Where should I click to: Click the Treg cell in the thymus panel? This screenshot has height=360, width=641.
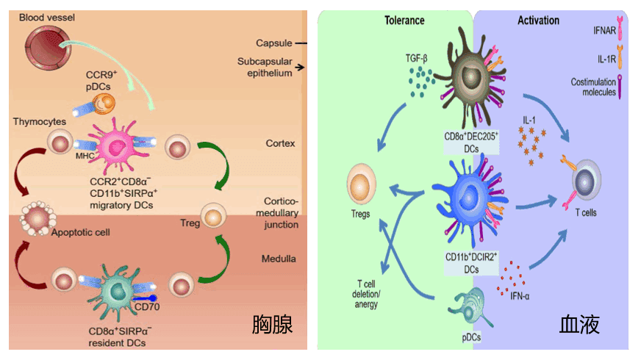[x=212, y=217]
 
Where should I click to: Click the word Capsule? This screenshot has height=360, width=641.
[x=273, y=43]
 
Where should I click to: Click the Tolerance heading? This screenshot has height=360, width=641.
[x=404, y=21]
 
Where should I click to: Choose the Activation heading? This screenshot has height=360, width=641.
[x=538, y=21]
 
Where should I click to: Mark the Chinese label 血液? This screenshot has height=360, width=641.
[x=580, y=324]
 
